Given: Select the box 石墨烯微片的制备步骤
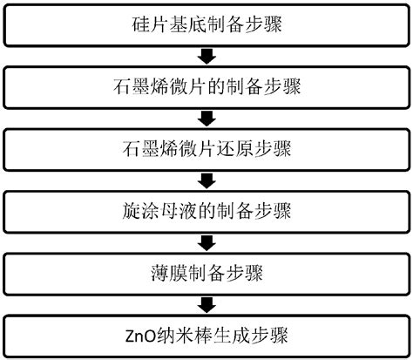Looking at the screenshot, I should [x=206, y=88].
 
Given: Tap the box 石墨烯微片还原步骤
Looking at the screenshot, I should [x=206, y=149].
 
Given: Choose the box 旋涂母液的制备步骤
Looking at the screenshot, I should [x=206, y=211].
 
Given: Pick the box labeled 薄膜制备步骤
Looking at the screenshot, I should [x=206, y=273].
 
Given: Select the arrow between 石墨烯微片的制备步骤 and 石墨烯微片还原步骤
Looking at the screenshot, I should [x=206, y=119].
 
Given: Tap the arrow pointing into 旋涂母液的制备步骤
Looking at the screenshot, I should [x=206, y=180].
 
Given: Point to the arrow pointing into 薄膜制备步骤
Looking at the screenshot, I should [x=206, y=242].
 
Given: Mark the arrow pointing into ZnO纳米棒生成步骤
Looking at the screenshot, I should [x=206, y=303].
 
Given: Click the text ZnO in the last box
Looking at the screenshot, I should [x=139, y=334].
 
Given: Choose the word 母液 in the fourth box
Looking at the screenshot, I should [x=168, y=212].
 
